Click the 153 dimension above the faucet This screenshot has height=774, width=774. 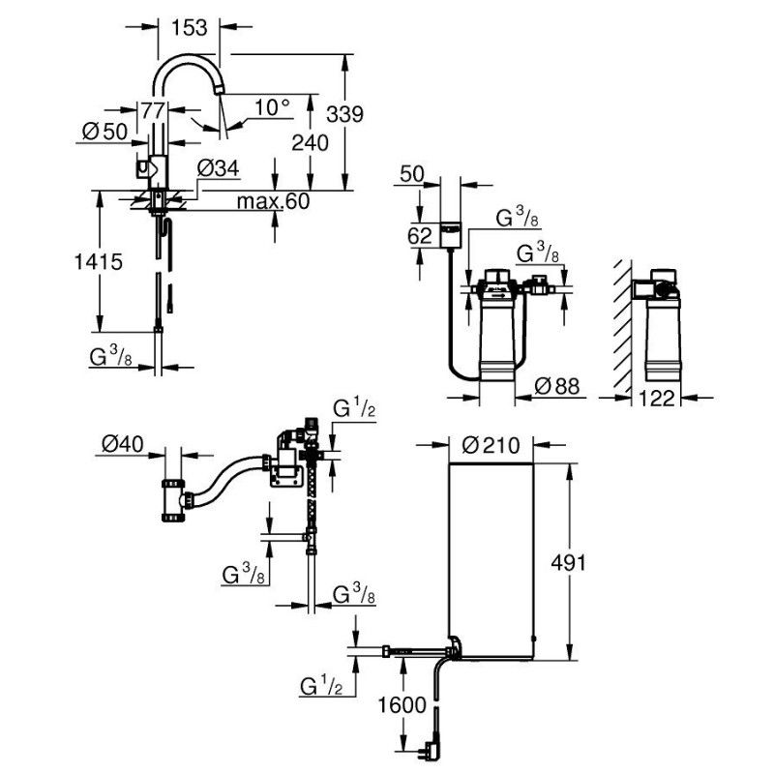[x=189, y=28]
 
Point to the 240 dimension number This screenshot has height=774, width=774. [x=310, y=142]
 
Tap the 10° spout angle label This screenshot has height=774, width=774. [x=272, y=106]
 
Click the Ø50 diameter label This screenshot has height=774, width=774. [x=104, y=133]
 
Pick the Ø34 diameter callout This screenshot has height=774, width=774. [x=218, y=168]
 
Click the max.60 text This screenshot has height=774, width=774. [x=272, y=200]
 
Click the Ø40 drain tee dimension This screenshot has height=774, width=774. [x=124, y=445]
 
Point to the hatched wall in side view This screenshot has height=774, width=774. [x=620, y=324]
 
